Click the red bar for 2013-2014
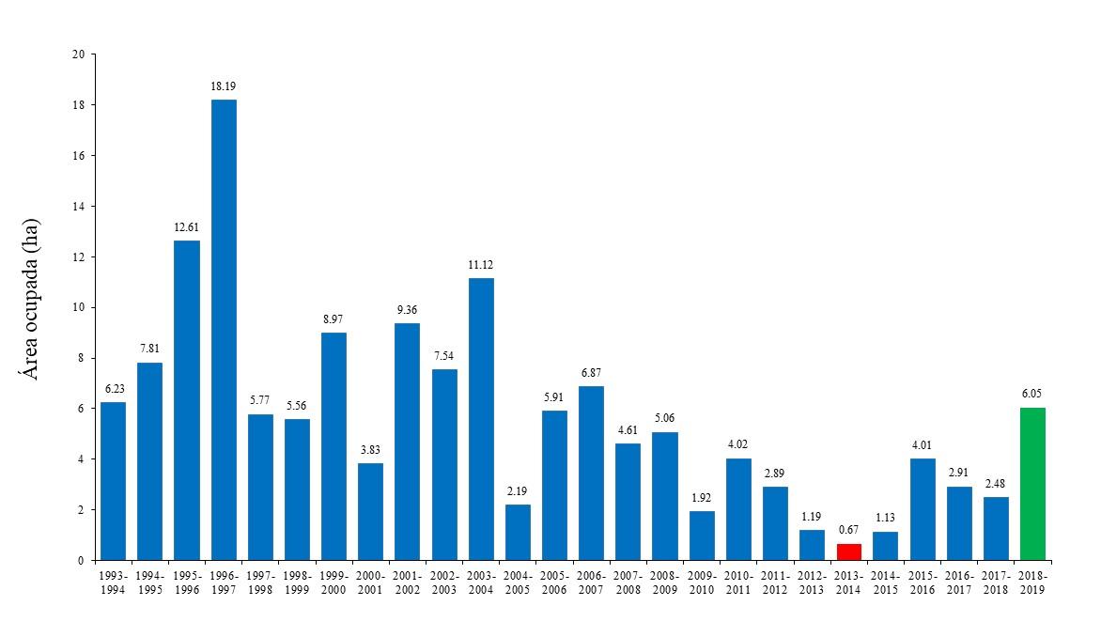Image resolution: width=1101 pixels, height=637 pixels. tap(848, 552)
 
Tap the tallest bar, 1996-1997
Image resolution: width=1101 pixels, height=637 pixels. tap(224, 329)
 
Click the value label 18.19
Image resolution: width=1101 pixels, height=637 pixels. tap(224, 86)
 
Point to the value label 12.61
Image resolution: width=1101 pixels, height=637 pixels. tap(187, 227)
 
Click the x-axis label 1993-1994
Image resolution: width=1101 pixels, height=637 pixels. tap(114, 583)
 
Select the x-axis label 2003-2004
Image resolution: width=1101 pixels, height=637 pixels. tap(481, 583)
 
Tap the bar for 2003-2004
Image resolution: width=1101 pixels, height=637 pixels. tap(481, 419)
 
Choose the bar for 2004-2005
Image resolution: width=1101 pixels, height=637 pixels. tap(518, 532)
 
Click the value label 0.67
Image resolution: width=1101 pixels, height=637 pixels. tap(848, 530)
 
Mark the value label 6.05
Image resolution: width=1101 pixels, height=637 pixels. tap(1032, 394)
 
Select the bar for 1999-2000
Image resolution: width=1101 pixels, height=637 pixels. tap(334, 446)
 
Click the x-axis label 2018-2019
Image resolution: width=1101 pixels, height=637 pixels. tap(1032, 583)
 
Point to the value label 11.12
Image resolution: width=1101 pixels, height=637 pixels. tap(481, 265)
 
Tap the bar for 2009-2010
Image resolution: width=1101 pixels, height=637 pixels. tap(702, 536)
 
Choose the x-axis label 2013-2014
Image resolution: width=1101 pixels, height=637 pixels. tap(848, 583)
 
